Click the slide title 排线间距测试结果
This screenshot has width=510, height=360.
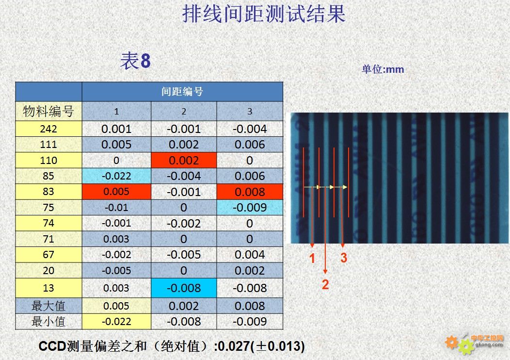click(x=264, y=14)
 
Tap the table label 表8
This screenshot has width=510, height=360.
click(x=135, y=61)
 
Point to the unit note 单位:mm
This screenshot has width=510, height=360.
click(x=383, y=69)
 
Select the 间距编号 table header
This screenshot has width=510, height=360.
click(x=182, y=92)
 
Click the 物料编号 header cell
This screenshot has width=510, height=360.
click(x=48, y=111)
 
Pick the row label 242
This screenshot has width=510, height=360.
click(x=48, y=129)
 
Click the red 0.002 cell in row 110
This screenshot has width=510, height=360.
click(x=184, y=160)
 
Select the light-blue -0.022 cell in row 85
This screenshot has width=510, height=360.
click(x=116, y=176)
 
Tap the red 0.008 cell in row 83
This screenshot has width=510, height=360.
click(x=250, y=192)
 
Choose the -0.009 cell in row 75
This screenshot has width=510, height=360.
click(x=250, y=207)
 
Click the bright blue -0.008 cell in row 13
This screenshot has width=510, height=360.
click(x=184, y=288)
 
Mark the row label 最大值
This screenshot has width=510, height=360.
click(x=48, y=306)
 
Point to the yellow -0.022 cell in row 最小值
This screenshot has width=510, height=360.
click(x=116, y=322)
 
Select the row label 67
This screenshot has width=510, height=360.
click(x=48, y=255)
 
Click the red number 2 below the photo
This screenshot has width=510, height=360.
click(x=325, y=284)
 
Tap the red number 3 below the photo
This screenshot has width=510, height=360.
click(x=344, y=258)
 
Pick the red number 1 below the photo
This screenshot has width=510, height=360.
click(x=312, y=259)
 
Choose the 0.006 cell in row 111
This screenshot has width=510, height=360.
click(x=250, y=145)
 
